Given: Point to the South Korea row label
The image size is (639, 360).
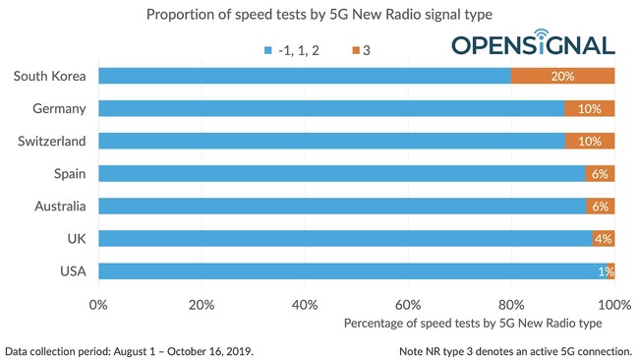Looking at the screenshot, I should [51, 76].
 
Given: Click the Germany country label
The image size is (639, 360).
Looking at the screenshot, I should [59, 108].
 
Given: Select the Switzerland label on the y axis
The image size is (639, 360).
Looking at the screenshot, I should [52, 141].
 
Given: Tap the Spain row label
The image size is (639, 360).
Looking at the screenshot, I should [68, 173].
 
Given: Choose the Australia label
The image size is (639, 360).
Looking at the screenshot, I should [59, 206].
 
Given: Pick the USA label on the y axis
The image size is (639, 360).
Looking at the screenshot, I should [71, 270].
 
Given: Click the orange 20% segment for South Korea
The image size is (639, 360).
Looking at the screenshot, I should [562, 76].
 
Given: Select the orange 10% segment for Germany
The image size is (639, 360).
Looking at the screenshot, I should [589, 108].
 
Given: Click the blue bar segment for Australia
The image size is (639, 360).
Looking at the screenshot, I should [341, 206].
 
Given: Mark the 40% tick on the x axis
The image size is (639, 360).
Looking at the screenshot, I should [305, 304].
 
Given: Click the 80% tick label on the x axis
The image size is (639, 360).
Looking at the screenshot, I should [511, 304].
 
